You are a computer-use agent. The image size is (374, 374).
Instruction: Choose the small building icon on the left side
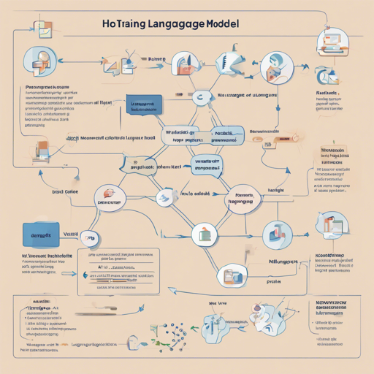click(x=42, y=149)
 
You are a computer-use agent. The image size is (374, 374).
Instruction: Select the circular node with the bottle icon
click(x=205, y=234)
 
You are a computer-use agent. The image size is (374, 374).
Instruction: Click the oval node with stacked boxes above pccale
click(x=234, y=275)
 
